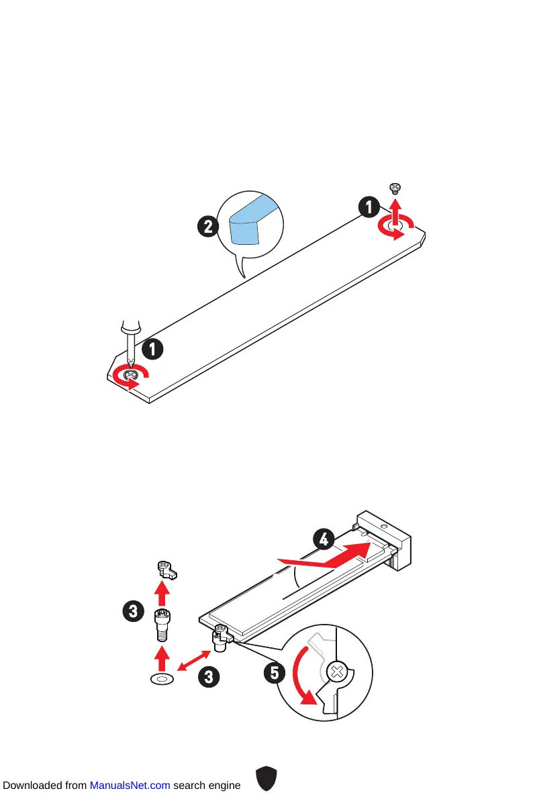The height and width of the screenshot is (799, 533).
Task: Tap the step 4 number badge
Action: (324, 538)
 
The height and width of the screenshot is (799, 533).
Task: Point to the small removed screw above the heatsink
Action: (395, 190)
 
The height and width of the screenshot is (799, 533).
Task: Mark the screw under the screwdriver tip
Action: (130, 376)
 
